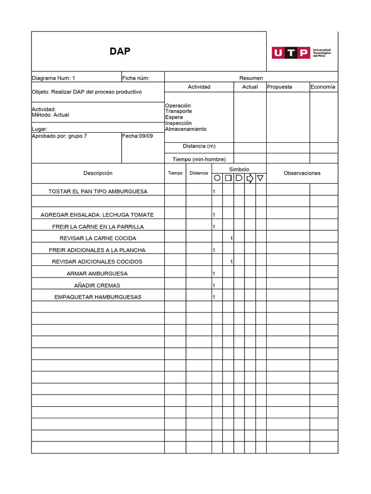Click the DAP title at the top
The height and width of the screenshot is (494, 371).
coord(119,51)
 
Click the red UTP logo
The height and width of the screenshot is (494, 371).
coord(290,53)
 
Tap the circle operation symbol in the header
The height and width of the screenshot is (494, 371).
coord(217,178)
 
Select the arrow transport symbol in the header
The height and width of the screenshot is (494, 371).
coord(250,178)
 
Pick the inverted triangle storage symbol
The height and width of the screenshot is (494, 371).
coord(260,178)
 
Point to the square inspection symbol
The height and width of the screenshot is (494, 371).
coord(228,178)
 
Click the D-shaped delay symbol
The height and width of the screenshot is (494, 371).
coord(239,178)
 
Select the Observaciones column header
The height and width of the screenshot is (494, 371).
coord(302,173)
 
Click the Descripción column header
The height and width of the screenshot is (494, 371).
coord(98,173)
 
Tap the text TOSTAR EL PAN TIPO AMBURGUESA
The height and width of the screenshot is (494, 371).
coord(98,192)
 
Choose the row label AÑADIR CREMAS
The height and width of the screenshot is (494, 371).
coord(98,285)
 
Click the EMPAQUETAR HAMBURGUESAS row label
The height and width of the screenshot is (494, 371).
coord(98,297)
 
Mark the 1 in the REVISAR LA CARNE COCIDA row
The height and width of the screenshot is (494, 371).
coord(232,238)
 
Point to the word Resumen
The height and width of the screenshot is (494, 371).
coord(251,78)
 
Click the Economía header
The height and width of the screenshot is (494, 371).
coord(323,87)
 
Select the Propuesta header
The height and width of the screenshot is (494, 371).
coord(279,87)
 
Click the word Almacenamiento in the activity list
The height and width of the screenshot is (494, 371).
coord(185,129)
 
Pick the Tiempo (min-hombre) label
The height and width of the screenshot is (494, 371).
coord(199,159)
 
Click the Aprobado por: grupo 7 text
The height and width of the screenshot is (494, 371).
coord(59,136)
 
